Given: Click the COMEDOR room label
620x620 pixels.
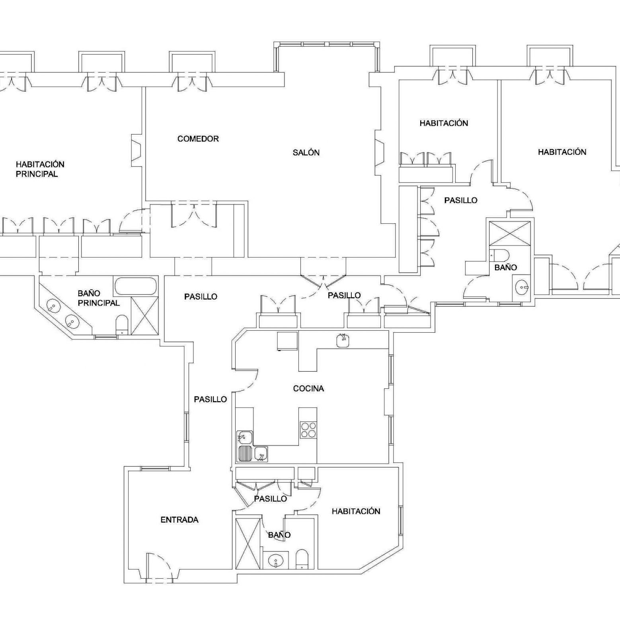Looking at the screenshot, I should point(198,139).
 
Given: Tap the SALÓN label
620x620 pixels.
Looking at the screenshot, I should point(306,152).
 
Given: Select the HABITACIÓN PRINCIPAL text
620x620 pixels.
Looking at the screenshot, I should point(40,169).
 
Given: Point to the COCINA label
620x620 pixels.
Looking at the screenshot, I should point(308,388).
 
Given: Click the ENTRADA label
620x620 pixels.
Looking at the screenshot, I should point(179,520).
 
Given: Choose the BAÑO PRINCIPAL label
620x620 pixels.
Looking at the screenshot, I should point(98,298).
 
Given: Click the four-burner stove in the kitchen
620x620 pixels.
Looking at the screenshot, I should point(308,429).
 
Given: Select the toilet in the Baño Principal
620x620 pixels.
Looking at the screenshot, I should point(122,324).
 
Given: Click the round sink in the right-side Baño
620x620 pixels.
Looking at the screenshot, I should point(521,286).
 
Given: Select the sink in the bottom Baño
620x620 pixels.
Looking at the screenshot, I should point(275,562).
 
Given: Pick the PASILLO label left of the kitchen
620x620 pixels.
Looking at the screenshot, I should point(211,399).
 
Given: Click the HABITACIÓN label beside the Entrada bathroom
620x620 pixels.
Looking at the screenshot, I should point(356,511).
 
